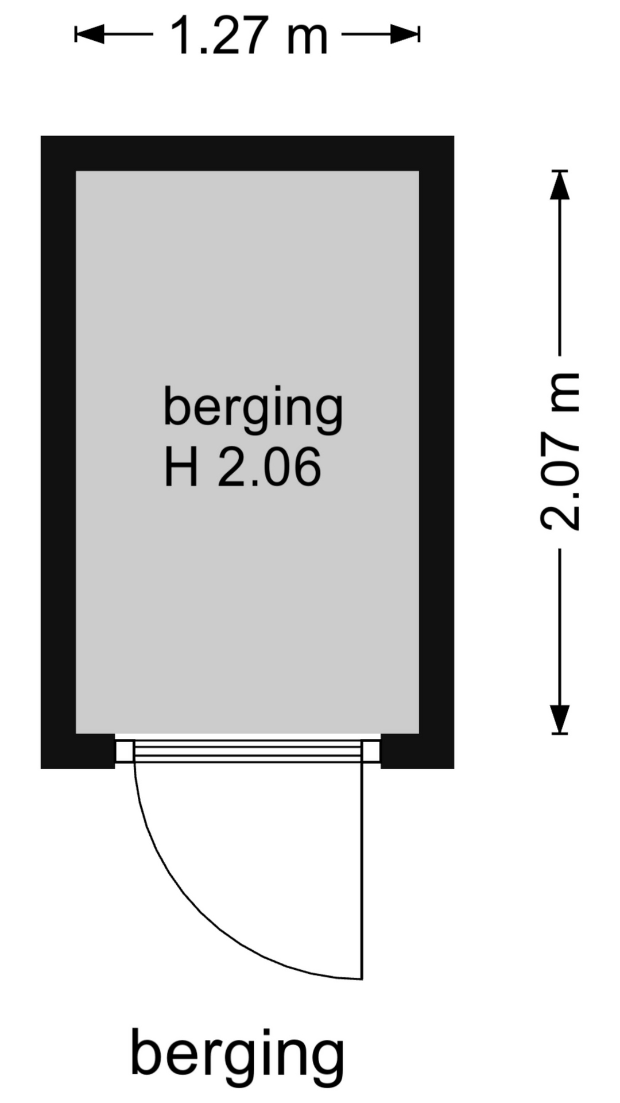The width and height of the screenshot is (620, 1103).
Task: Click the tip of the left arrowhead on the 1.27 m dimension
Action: pos(76,34)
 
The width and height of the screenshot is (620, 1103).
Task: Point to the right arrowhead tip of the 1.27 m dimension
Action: pos(419,34)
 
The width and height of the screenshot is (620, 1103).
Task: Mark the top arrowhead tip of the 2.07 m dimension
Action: pos(560,171)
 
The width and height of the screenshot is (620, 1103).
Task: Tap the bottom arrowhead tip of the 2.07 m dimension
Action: pos(560,734)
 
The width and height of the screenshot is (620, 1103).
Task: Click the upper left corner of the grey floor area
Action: pos(76,171)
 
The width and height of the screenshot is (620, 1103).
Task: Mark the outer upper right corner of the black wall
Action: pos(454,136)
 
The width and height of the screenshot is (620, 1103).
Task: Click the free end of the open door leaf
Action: pos(362,978)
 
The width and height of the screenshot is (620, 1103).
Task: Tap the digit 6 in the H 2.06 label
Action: pos(305,468)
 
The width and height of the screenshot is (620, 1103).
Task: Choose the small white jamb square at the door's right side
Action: pos(372,751)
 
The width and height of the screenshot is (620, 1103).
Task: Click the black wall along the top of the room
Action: pos(247,153)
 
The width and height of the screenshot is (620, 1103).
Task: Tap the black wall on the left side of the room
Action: pos(59,452)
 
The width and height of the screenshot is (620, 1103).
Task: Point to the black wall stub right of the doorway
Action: pos(417,751)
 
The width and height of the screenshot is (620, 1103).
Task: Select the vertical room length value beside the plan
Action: pos(560,452)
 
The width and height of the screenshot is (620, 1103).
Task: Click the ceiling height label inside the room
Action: pos(242,468)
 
